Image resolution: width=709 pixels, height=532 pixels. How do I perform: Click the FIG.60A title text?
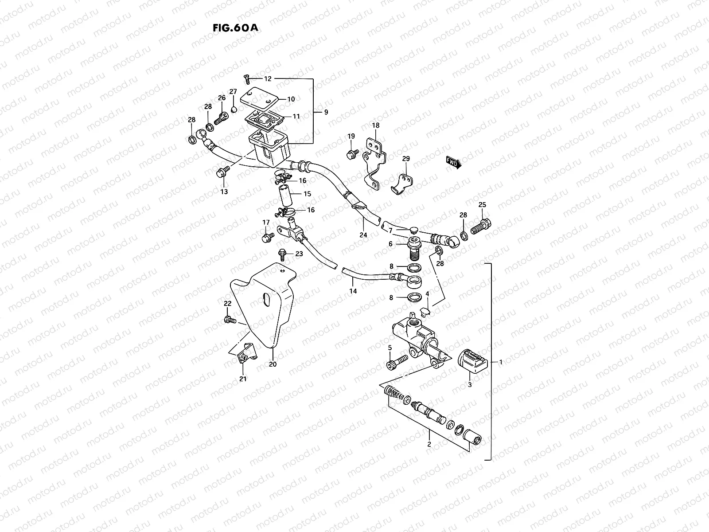235,27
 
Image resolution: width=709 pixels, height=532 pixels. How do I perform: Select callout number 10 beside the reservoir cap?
291,99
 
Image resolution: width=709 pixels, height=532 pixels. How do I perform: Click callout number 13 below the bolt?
224,192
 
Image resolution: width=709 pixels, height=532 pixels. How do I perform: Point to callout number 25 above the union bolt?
482,205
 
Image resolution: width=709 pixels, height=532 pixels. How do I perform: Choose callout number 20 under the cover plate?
273,364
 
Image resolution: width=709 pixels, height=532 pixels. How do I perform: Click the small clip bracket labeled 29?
402,183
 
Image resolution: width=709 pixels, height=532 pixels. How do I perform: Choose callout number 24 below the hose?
363,235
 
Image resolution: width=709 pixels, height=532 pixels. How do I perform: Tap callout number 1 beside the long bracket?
501,362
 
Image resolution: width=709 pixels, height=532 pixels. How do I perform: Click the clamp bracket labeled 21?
245,353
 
